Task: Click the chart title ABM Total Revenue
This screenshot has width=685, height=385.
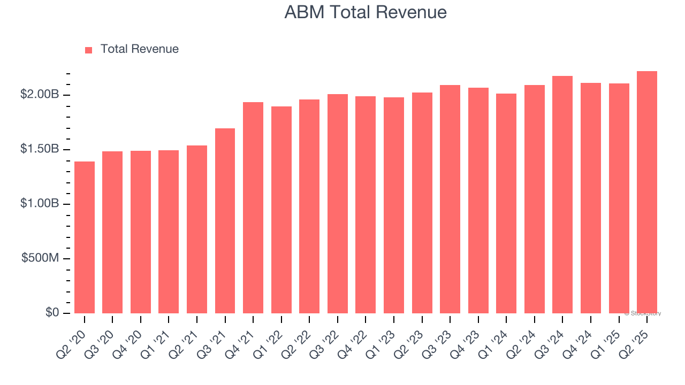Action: tap(366, 12)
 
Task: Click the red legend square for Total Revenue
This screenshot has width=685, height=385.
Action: tap(89, 50)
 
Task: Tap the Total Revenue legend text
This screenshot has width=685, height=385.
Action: tap(139, 49)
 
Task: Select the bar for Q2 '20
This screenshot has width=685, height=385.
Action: tap(85, 238)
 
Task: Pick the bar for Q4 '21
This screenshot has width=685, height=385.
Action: tap(253, 209)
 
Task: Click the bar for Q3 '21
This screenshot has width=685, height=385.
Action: tap(225, 221)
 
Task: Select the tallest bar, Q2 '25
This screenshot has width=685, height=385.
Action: tap(647, 192)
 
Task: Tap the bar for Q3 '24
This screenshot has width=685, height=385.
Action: tap(562, 195)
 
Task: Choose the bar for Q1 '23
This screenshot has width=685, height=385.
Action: tap(394, 206)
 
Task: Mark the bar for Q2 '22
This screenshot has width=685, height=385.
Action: tap(309, 207)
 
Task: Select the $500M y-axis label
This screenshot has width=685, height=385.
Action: tap(40, 258)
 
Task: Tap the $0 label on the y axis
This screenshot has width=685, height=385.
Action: tap(52, 312)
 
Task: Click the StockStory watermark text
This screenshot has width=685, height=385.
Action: tap(643, 313)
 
